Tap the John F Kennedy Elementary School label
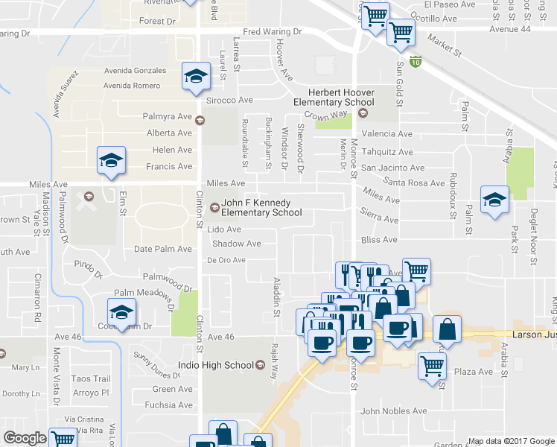click(261, 207)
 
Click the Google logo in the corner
click(25, 438)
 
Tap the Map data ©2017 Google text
click(511, 441)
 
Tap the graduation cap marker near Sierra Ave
click(494, 199)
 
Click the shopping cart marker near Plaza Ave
click(432, 365)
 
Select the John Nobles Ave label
click(393, 410)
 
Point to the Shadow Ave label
click(236, 244)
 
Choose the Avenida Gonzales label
click(135, 71)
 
